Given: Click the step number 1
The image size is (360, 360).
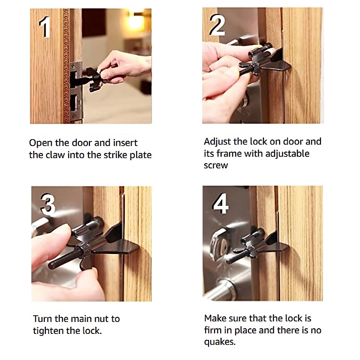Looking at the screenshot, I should [44, 27].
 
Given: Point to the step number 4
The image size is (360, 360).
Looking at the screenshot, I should [220, 204].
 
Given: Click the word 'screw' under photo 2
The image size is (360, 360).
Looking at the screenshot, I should [216, 165].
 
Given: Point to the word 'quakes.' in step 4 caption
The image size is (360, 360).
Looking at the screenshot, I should [220, 342].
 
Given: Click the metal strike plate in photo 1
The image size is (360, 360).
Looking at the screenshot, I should [76, 90].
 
